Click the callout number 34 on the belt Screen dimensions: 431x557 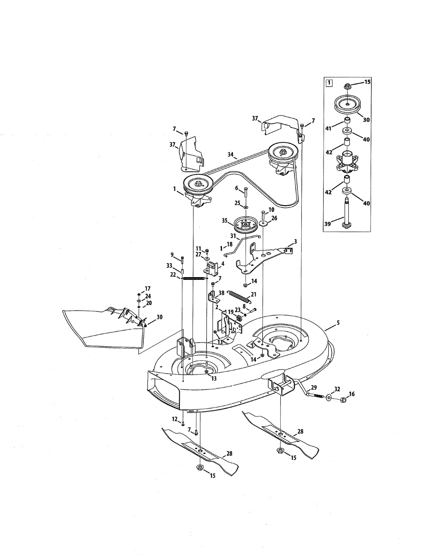[x=230, y=155]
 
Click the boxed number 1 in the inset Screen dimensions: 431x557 [x=329, y=84]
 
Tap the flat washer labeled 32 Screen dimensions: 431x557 [x=330, y=397]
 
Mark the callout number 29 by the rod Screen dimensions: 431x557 [x=314, y=387]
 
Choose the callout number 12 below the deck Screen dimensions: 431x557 [x=175, y=419]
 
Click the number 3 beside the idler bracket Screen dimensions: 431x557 [x=295, y=241]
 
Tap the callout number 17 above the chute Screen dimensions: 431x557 [x=148, y=288]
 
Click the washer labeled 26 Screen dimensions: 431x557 [x=263, y=224]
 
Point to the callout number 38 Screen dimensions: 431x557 [x=221, y=293]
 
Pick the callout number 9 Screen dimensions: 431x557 [x=172, y=254]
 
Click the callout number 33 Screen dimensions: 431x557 [x=169, y=266]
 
